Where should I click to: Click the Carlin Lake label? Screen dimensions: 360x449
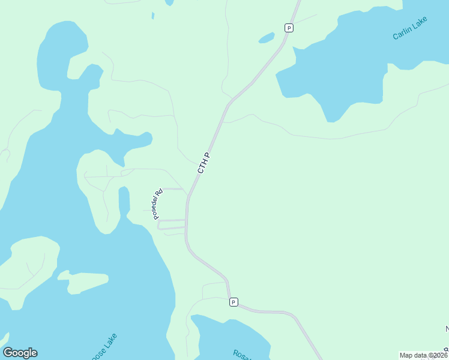click(409, 31)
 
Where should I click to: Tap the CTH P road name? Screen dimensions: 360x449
click(204, 163)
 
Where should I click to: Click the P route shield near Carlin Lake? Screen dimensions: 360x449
click(289, 28)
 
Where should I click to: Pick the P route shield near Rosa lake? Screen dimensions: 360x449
click(234, 302)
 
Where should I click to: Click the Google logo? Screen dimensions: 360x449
click(20, 353)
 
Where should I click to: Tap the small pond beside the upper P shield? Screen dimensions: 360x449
click(267, 38)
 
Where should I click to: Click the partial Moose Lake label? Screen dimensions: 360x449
click(105, 348)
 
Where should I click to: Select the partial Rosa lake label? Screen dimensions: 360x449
click(240, 354)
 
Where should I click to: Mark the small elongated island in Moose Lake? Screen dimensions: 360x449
click(84, 282)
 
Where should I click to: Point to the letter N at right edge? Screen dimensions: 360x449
click(447, 329)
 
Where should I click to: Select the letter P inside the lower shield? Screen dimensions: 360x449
click(234, 302)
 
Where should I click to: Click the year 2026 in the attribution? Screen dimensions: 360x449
click(438, 355)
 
